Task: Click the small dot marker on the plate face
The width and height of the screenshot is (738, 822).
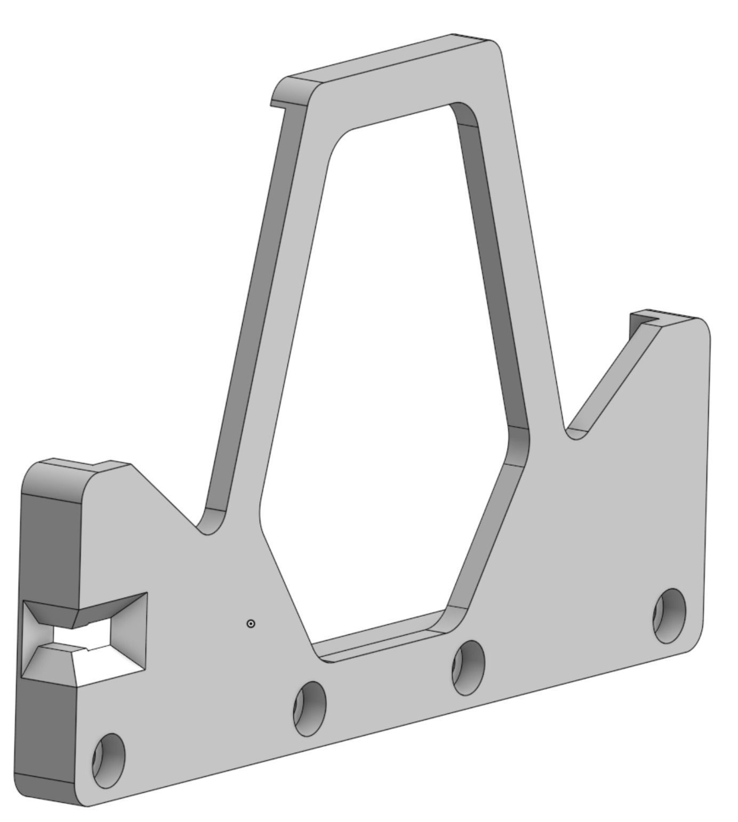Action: click(251, 623)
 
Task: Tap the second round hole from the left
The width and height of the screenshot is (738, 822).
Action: click(309, 708)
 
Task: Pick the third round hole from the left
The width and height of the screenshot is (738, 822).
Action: click(468, 667)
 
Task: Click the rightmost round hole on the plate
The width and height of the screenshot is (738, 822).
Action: click(669, 616)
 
